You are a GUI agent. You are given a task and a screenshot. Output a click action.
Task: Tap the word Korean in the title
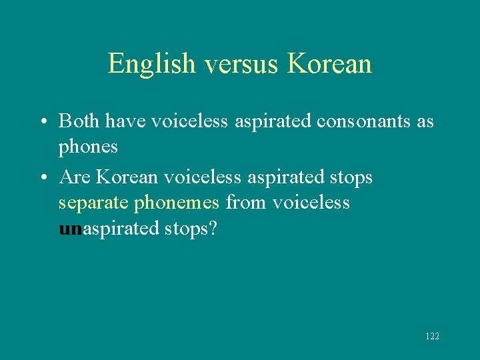tap(329, 64)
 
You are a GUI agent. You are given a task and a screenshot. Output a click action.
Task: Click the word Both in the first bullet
tap(80, 121)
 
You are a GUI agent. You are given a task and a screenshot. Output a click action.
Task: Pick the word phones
tap(88, 147)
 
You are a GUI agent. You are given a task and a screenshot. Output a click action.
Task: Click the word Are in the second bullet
tap(75, 177)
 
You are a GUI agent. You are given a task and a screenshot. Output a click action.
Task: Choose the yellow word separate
tap(94, 203)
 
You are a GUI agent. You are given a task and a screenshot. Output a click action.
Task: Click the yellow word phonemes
tap(177, 203)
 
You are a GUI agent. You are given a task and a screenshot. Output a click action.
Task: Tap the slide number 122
tap(432, 336)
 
